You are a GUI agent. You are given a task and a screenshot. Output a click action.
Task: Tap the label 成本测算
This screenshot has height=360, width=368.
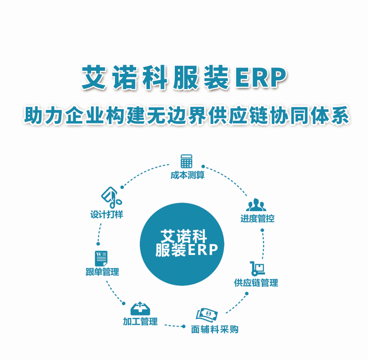(187, 176)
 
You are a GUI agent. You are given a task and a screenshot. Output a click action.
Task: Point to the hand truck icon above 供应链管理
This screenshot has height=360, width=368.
(257, 268)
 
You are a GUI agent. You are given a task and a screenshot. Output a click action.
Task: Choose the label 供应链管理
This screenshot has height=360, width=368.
(256, 283)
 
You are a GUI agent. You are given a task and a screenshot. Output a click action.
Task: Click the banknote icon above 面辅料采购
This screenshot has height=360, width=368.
(207, 315)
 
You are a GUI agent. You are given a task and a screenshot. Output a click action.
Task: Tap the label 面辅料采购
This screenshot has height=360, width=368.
(215, 329)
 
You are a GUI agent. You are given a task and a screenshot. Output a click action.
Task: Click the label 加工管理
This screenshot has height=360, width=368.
(140, 322)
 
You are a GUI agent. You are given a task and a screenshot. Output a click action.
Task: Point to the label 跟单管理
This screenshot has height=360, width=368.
(102, 272)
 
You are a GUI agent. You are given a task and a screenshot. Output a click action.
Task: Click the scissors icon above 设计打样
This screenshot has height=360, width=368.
(111, 197)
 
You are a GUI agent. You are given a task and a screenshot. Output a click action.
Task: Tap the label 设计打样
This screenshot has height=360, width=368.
(106, 214)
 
